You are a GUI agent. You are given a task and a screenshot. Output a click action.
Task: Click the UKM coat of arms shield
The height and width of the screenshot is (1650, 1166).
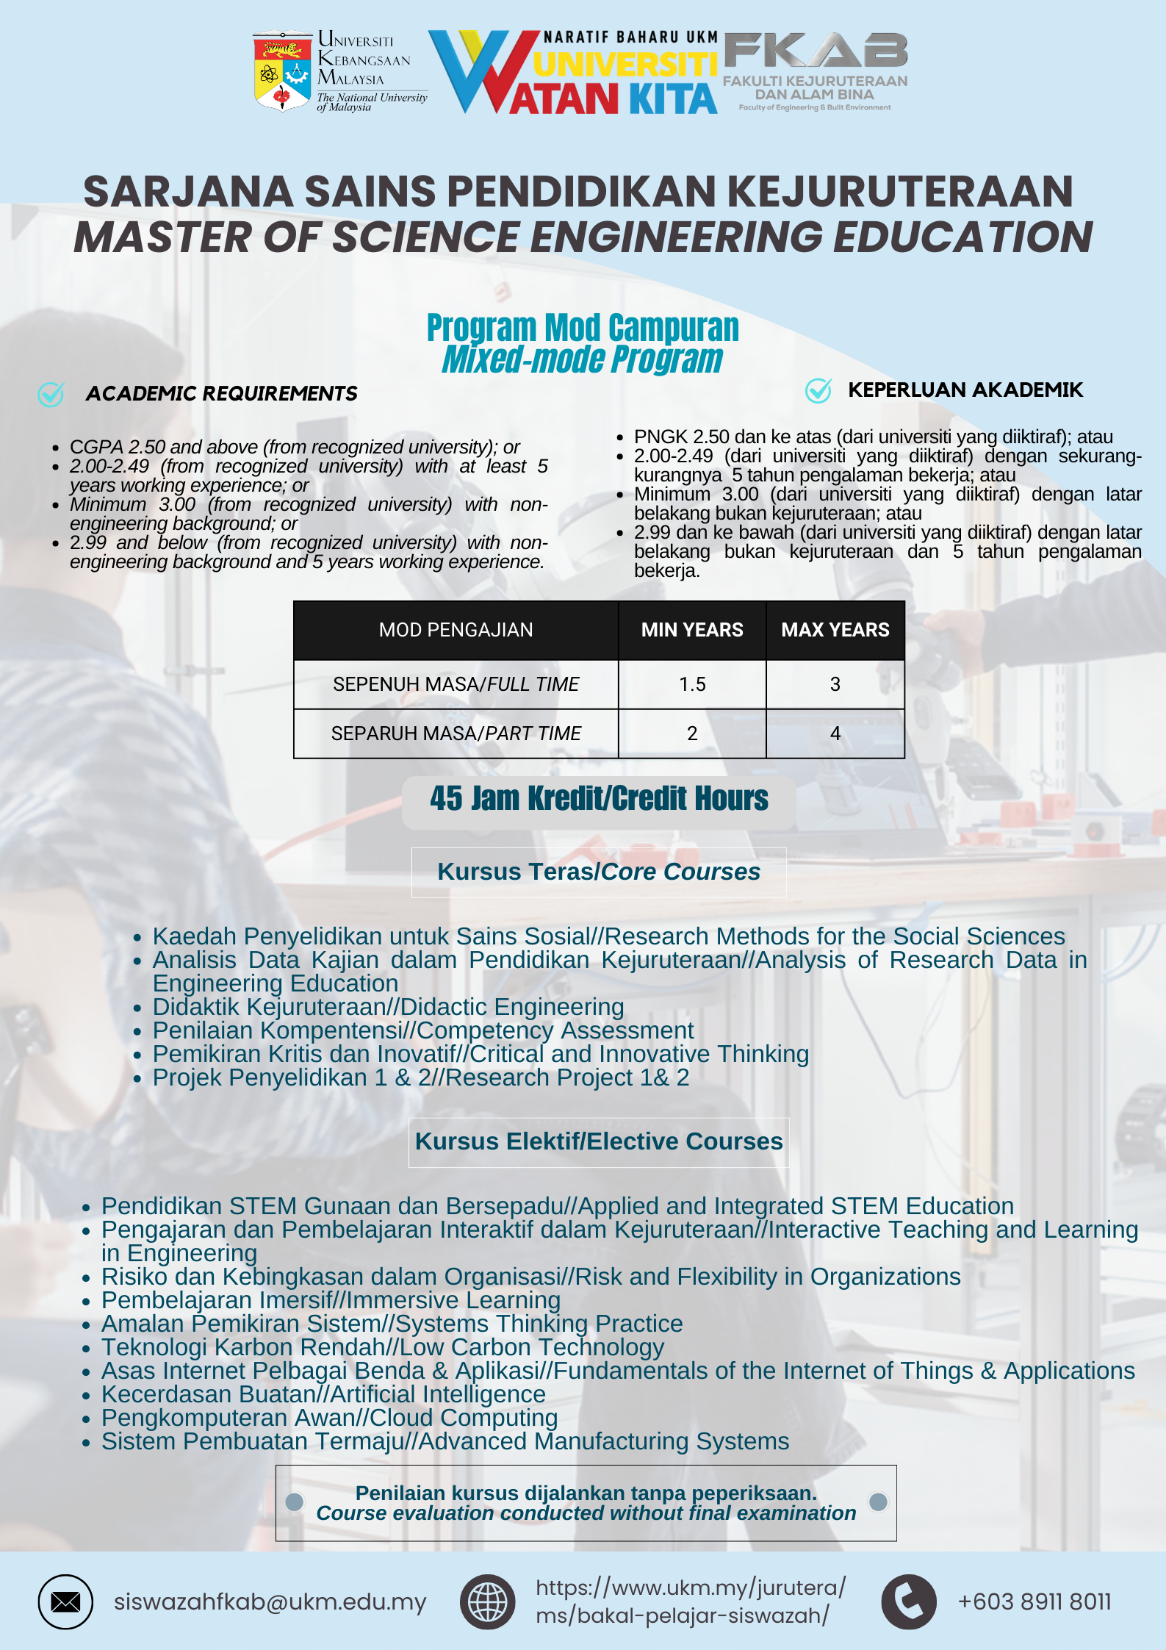[282, 72]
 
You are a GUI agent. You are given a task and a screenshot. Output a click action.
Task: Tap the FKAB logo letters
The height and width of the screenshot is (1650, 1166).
[816, 51]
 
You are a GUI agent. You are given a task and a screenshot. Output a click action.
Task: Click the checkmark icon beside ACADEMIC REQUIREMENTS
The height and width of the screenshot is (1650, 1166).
[51, 394]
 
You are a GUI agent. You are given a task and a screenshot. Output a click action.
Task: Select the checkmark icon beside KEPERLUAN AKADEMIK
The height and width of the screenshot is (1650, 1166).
[818, 390]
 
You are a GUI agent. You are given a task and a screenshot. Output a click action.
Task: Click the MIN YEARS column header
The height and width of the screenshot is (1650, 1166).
[692, 630]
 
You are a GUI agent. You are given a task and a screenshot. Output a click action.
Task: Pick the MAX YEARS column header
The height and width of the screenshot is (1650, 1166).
[835, 630]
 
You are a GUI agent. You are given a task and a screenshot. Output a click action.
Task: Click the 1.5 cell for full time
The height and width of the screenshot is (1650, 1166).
[692, 684]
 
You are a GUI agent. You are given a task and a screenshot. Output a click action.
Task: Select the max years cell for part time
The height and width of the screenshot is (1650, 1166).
[835, 733]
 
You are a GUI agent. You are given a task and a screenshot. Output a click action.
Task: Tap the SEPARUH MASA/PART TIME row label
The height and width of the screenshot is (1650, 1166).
[456, 733]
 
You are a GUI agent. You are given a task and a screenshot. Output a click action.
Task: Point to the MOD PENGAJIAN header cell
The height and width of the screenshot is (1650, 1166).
[456, 630]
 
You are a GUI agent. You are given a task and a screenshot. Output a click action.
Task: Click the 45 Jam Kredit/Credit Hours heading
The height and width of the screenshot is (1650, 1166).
[599, 799]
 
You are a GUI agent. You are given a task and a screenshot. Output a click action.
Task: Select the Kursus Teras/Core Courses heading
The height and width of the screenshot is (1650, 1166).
[599, 872]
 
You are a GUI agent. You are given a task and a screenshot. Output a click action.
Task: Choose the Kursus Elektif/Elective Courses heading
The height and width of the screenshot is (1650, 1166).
[599, 1141]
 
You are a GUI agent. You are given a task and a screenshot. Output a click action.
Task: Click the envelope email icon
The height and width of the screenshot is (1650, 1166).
[65, 1601]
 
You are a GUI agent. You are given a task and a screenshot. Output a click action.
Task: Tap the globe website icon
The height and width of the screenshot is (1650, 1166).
[487, 1601]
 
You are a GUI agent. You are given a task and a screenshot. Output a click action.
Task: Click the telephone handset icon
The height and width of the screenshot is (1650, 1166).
[908, 1601]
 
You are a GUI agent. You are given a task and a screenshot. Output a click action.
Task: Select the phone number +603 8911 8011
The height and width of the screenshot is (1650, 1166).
[1034, 1601]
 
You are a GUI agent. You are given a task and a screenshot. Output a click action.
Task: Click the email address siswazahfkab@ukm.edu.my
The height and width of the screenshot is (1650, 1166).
[270, 1601]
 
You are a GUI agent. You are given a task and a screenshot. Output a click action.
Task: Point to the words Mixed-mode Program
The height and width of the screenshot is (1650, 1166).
[582, 359]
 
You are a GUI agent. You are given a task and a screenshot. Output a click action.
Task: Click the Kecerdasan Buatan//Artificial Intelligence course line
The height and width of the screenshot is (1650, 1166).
[323, 1394]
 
